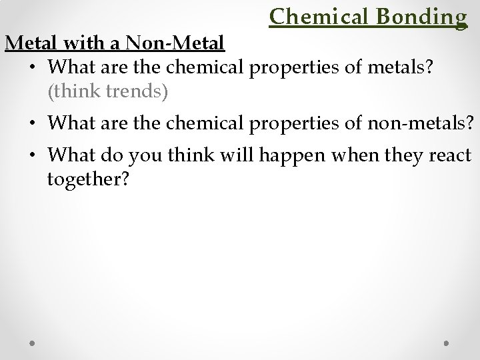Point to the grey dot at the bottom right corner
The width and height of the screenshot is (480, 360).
point(447,343)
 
